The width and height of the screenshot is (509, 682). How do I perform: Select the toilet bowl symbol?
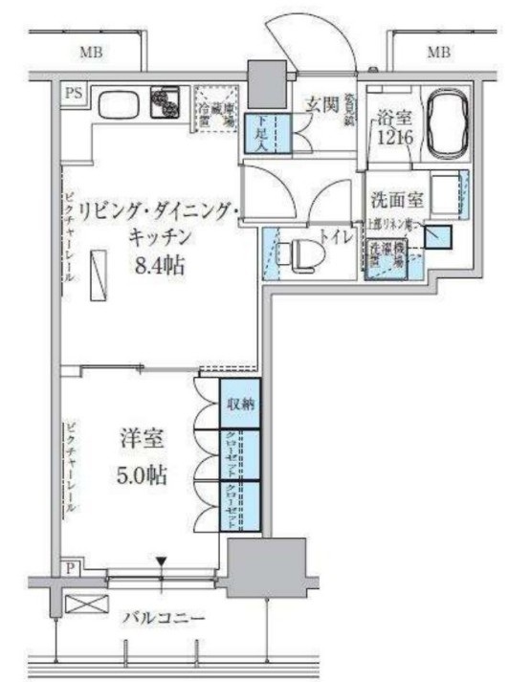304,254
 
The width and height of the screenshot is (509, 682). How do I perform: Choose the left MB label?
92,52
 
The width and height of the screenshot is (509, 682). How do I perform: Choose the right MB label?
438,52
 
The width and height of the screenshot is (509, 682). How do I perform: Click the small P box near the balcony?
72,566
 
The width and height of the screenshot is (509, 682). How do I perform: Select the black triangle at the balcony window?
162,561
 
